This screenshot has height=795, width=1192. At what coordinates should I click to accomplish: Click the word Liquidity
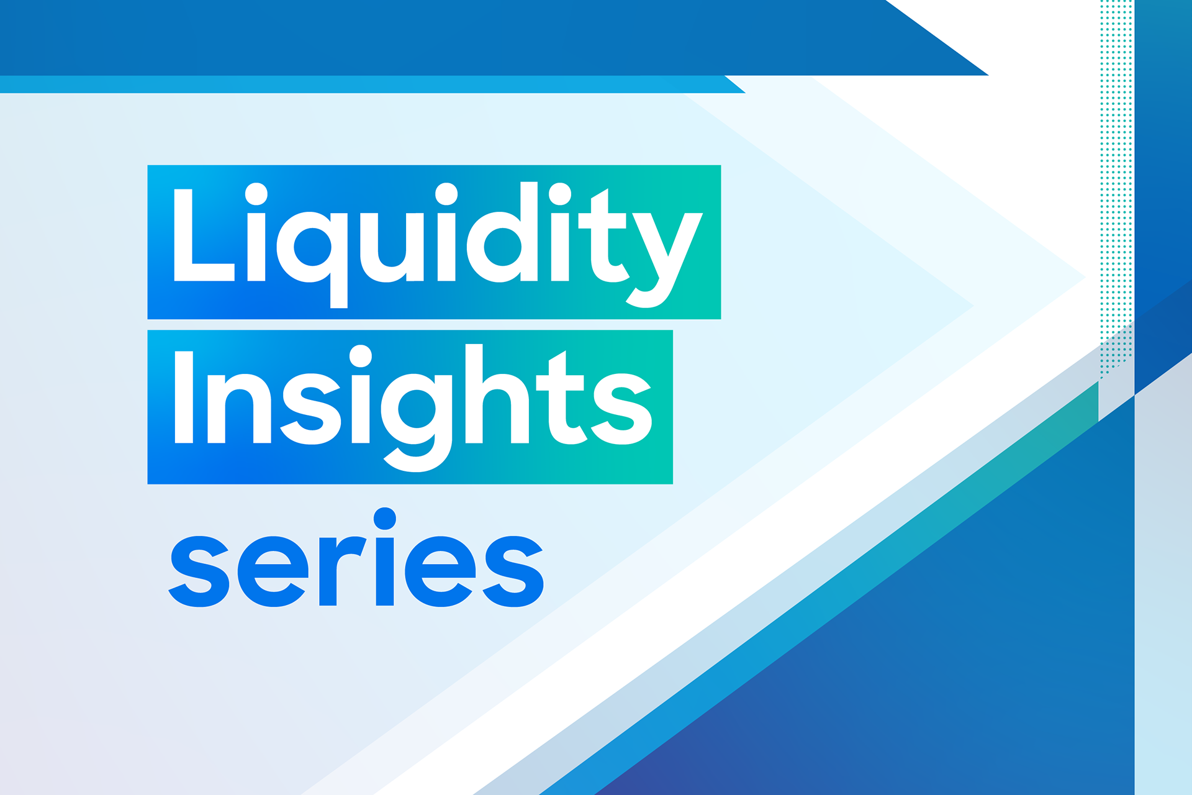437,245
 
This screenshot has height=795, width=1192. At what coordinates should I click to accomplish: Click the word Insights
413,407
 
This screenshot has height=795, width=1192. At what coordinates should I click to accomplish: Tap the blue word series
356,558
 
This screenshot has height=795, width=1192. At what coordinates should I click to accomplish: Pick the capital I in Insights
184,397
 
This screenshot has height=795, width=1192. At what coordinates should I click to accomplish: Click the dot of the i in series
385,519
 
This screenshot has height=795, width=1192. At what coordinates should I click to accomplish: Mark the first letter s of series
199,571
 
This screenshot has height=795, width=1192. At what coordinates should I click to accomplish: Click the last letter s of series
513,571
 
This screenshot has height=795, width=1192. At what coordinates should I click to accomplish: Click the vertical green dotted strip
1116,186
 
